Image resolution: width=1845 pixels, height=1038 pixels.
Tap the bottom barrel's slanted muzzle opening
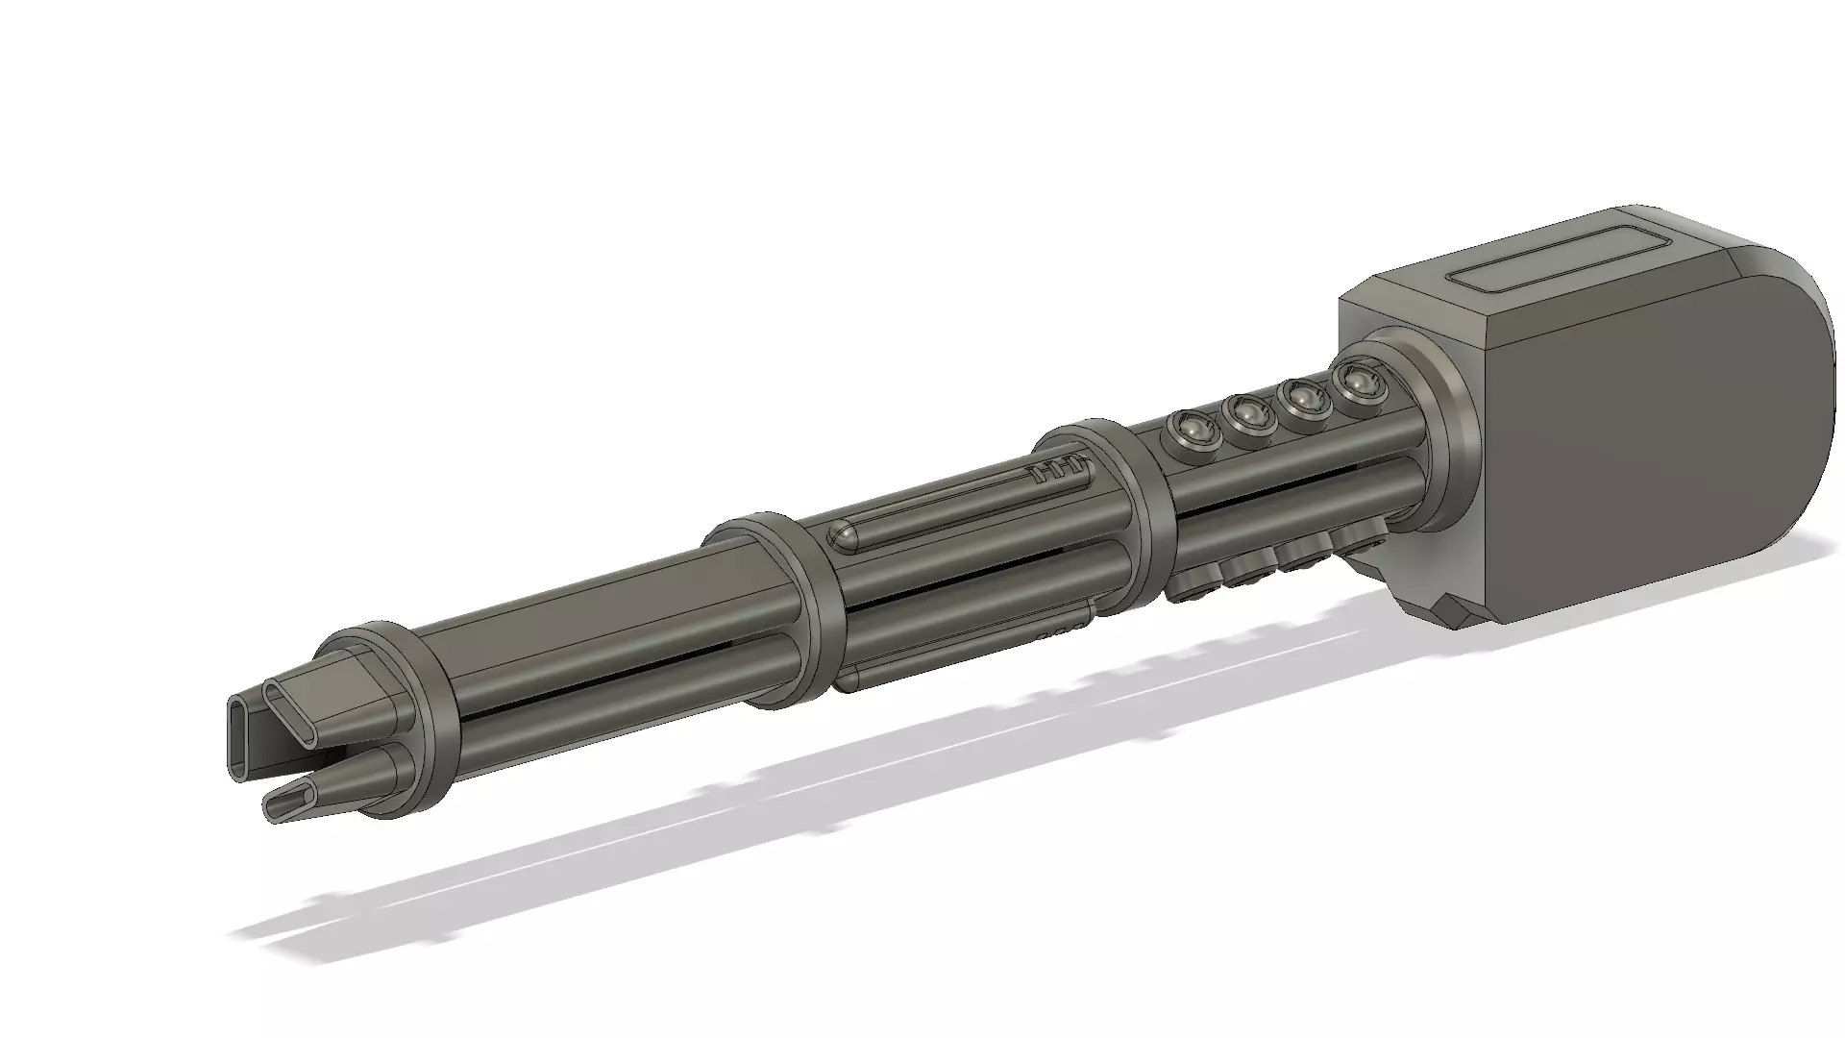point(288,800)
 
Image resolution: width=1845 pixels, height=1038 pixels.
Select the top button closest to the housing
point(1354,383)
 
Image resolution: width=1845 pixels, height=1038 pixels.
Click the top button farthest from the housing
point(1190,428)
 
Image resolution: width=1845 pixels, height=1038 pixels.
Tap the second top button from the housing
point(1301,397)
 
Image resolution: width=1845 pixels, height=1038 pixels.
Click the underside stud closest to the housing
point(1355,538)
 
